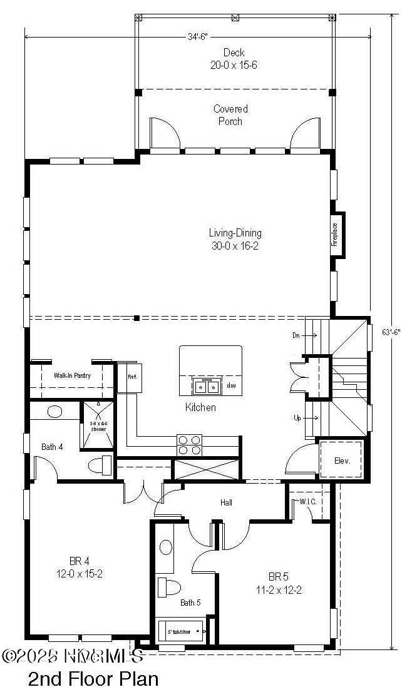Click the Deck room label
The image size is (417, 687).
click(234, 53)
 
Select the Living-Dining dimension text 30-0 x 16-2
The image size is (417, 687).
click(235, 246)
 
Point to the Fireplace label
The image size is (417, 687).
click(335, 234)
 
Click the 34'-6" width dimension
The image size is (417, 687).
click(197, 36)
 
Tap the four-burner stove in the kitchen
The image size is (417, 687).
click(190, 444)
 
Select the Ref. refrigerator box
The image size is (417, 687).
click(132, 377)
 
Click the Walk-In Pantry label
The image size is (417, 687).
click(72, 376)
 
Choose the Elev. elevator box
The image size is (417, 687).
click(341, 461)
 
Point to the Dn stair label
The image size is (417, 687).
click(297, 335)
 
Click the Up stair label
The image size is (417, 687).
click(297, 417)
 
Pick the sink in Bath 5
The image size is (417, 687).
click(166, 547)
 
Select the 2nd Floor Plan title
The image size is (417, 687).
click(93, 678)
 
